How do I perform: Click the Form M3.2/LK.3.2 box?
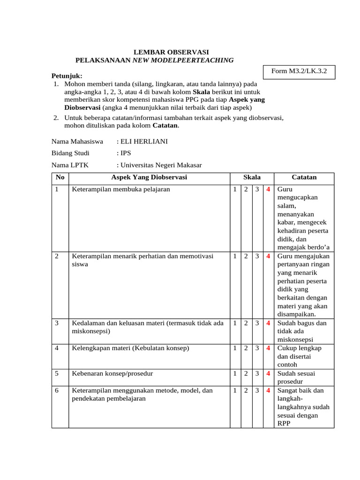pos(299,72)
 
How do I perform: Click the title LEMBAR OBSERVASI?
pos(171,52)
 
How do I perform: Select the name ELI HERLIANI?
pos(144,141)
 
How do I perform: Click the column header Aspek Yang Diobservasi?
pos(149,178)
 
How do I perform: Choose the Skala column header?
pos(252,178)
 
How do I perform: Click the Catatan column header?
pos(304,178)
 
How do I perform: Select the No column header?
pos(60,178)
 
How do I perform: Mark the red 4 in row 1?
pos(269,190)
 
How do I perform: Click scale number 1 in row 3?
pos(235,323)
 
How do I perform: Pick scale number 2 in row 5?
pos(246,374)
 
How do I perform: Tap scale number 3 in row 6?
pos(257,390)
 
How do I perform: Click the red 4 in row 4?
pos(269,348)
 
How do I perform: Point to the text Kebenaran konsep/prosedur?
pos(112,374)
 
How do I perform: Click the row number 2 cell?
pos(57,256)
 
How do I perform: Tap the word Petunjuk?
pos(66,76)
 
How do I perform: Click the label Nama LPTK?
pos(70,165)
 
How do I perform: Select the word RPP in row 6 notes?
pos(285,424)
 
